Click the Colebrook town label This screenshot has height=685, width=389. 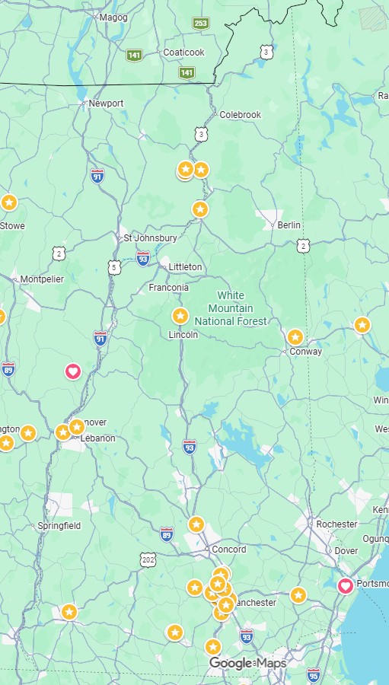(240, 115)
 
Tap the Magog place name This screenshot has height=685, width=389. (113, 18)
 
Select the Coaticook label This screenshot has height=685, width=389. (183, 53)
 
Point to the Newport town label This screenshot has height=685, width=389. (106, 104)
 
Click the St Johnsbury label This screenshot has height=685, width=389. (150, 238)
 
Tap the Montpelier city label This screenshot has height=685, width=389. (42, 279)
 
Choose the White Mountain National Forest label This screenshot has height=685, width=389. (231, 308)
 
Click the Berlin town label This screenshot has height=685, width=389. (289, 225)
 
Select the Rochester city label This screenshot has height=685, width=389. (336, 524)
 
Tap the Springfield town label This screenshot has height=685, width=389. (59, 526)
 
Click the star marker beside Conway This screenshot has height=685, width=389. (295, 336)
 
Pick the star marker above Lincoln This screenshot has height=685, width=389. (180, 315)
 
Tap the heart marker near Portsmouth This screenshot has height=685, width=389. (345, 585)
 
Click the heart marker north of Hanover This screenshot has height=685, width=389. (73, 371)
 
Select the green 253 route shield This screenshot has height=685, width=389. (200, 24)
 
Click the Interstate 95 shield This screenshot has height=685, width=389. (314, 674)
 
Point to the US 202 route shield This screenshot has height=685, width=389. (148, 559)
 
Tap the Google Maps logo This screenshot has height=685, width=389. (248, 664)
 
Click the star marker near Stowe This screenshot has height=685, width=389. (8, 202)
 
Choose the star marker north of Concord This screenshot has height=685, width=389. (196, 524)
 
